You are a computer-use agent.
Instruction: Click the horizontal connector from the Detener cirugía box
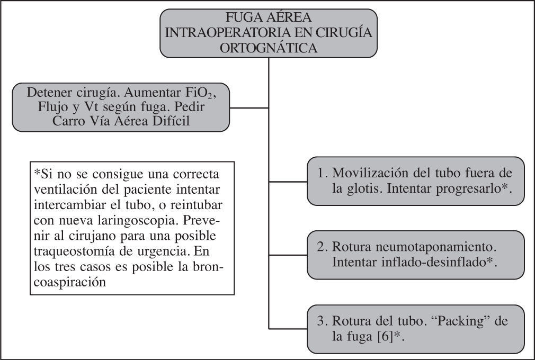(249, 107)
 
